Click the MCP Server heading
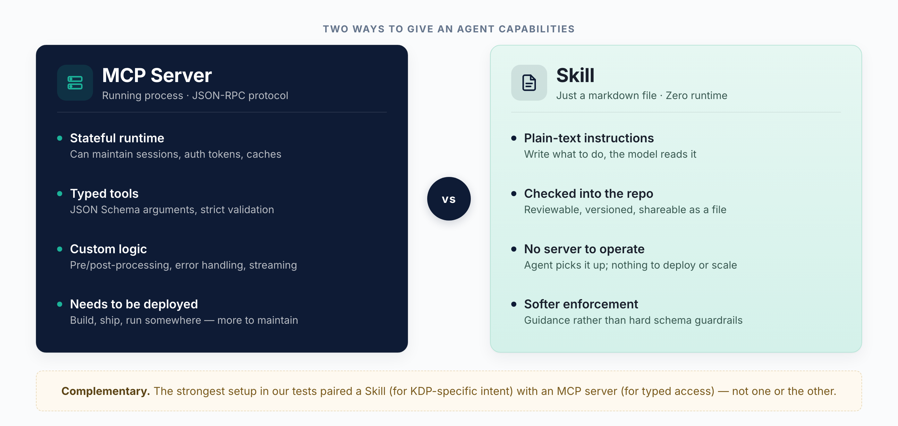tap(157, 75)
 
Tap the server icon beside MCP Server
tap(75, 83)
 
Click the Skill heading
tap(575, 75)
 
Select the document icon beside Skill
tap(529, 83)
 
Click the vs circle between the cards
tap(449, 198)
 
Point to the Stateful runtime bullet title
tap(117, 138)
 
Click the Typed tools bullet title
tap(104, 193)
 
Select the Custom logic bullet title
tap(108, 249)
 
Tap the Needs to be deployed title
tap(133, 304)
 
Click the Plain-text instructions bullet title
tap(589, 138)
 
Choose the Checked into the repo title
tap(589, 193)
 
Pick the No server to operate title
tap(584, 249)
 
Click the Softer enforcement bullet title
tap(581, 304)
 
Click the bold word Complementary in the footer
tap(105, 391)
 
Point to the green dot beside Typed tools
tap(60, 194)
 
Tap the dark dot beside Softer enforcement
tap(513, 304)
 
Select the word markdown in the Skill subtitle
tap(622, 96)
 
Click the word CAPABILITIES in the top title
tap(537, 29)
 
